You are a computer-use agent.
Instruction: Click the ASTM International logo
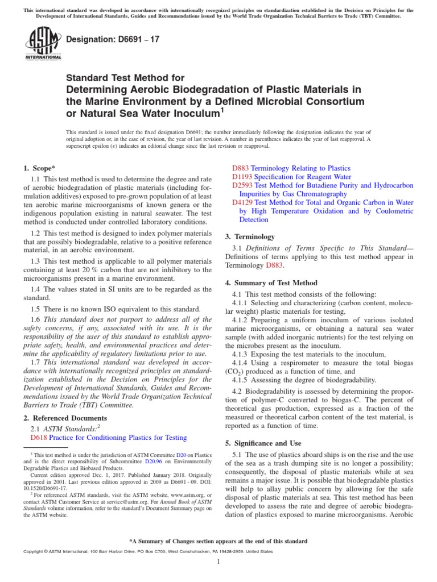pos(44,45)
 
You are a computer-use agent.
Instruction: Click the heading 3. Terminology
pos(254,236)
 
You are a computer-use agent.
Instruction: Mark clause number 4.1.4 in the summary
pos(244,362)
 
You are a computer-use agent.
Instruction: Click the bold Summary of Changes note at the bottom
pos(218,541)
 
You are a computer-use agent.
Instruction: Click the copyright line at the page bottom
pos(147,551)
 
